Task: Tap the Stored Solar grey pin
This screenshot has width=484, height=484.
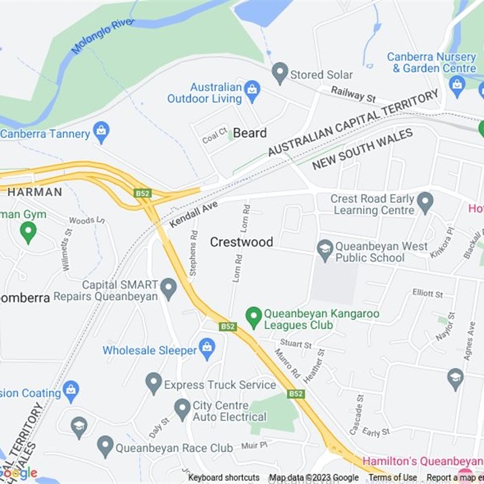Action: (280, 74)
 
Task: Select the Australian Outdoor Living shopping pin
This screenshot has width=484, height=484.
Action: (252, 92)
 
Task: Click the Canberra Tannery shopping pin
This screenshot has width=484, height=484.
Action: (101, 132)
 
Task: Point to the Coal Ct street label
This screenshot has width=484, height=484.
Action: (214, 136)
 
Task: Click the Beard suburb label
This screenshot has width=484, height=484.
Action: (249, 133)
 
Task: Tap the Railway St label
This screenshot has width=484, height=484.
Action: (353, 94)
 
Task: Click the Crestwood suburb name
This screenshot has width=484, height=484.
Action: (241, 242)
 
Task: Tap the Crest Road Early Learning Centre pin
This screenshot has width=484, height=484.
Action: (425, 203)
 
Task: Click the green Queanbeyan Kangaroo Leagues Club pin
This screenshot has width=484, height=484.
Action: (253, 316)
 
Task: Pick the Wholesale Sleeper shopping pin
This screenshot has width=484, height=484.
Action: (208, 349)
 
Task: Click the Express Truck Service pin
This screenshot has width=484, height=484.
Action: (154, 383)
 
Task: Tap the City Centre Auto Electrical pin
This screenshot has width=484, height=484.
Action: (182, 410)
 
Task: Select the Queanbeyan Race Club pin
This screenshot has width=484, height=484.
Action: (105, 446)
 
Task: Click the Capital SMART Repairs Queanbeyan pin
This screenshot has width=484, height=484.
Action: (169, 289)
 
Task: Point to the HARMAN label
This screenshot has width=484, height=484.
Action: (34, 192)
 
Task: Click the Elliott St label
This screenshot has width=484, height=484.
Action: (428, 293)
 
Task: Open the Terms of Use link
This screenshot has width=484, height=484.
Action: (393, 478)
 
